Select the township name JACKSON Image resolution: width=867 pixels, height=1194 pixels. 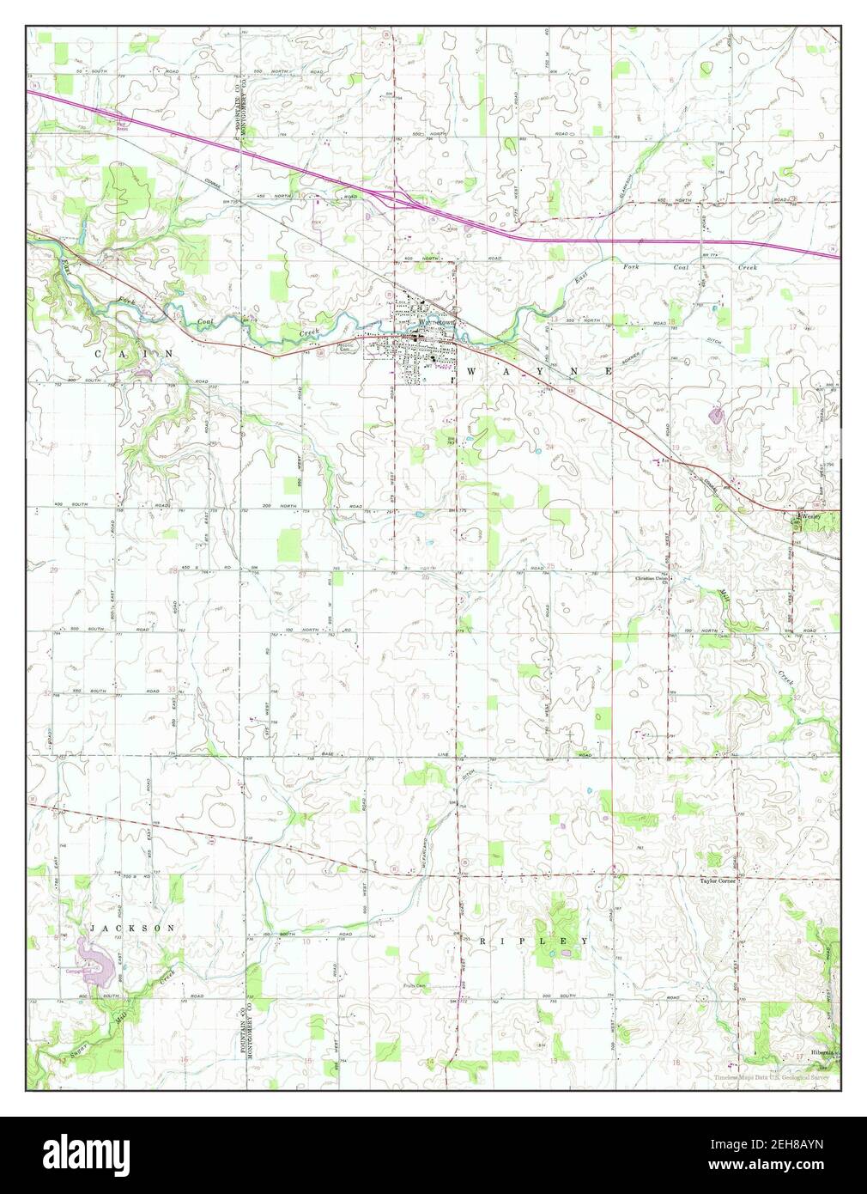click(133, 929)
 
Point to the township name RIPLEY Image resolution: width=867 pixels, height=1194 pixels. click(533, 941)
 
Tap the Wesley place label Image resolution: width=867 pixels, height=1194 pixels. click(812, 517)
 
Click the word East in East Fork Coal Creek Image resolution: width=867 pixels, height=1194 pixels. click(582, 277)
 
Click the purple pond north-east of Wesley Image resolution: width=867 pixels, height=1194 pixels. click(715, 417)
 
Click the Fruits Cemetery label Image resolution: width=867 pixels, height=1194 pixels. click(416, 986)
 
